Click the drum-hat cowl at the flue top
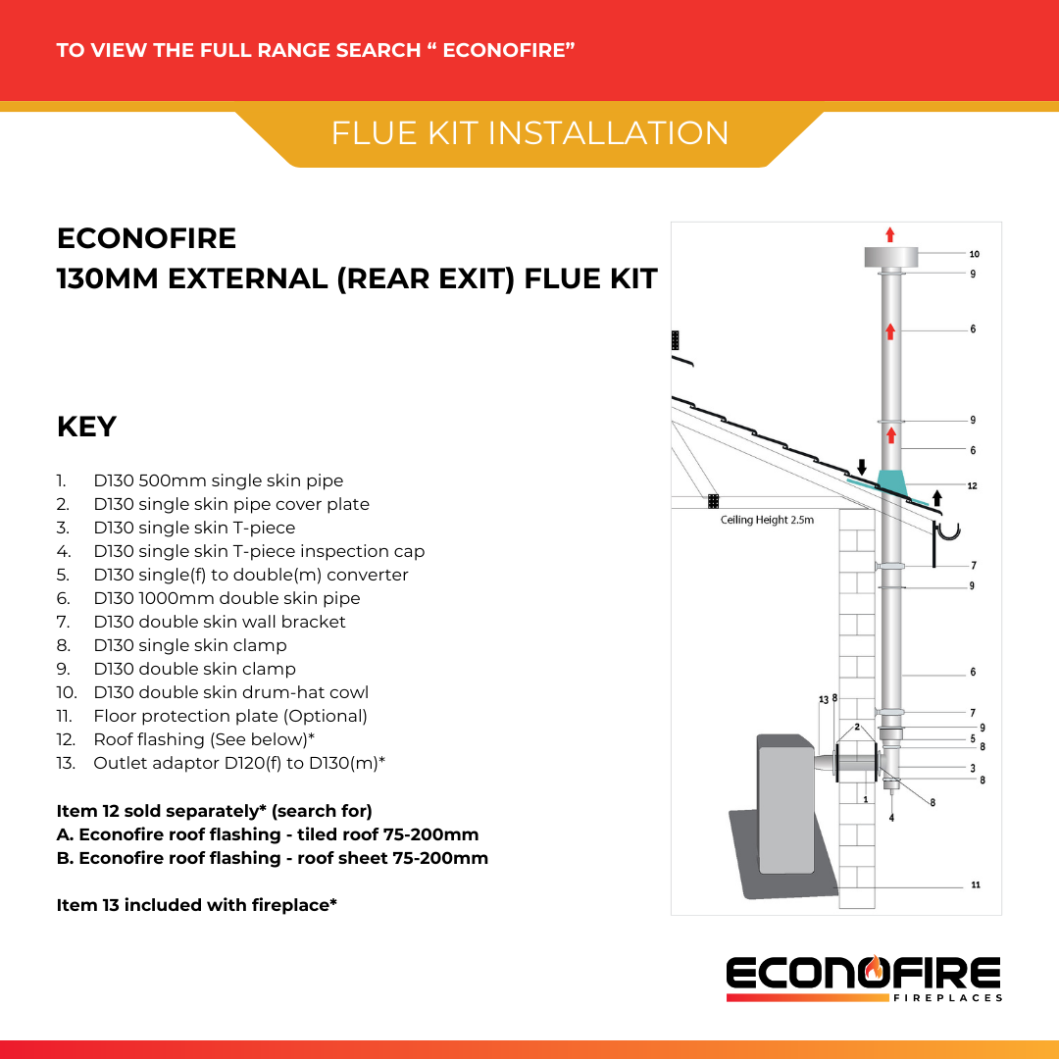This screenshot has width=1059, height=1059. click(x=890, y=256)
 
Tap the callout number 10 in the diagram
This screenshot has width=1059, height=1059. click(x=974, y=254)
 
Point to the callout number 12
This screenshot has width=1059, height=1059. click(x=972, y=486)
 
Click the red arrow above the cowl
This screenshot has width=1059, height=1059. click(x=890, y=233)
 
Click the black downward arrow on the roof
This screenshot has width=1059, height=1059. click(x=862, y=466)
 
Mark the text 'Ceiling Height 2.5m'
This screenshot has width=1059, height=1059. click(x=767, y=520)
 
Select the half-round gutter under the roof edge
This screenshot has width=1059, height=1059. click(x=948, y=533)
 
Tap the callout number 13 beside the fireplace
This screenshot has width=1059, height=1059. click(x=823, y=699)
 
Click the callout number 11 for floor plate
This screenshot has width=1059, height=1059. click(x=975, y=885)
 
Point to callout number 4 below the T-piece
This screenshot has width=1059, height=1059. click(x=891, y=818)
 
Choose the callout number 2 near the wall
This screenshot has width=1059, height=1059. click(x=856, y=727)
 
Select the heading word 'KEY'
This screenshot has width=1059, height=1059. click(x=86, y=428)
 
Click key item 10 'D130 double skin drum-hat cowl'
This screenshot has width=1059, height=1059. click(x=230, y=692)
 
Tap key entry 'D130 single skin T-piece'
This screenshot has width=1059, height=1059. click(x=194, y=528)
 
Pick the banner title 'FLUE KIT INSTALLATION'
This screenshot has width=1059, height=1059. click(x=529, y=133)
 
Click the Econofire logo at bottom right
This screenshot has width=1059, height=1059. click(x=864, y=978)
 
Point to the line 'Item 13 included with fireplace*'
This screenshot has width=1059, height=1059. click(x=197, y=905)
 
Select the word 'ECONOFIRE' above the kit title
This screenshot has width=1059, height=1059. click(x=146, y=238)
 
